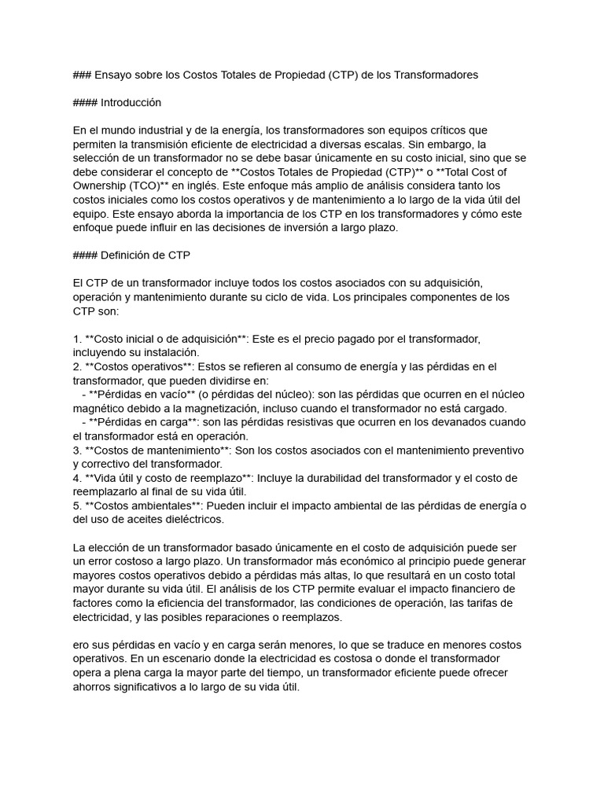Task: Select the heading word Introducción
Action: click(131, 102)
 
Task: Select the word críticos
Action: click(447, 130)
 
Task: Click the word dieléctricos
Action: click(188, 520)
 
